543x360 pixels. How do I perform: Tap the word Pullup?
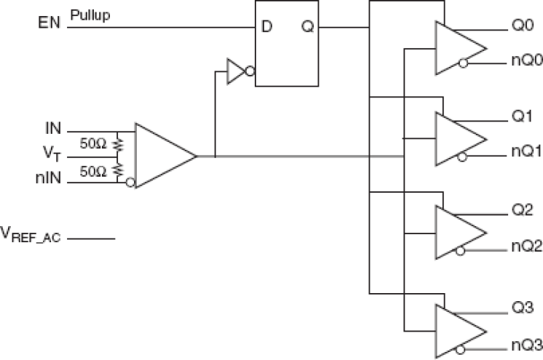point(91,15)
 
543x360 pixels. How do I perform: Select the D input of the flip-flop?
point(267,28)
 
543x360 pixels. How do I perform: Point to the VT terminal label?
point(51,156)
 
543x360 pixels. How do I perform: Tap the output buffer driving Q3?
point(458,329)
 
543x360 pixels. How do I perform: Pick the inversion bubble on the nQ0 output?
point(463,63)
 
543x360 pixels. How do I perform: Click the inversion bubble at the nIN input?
point(130,182)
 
